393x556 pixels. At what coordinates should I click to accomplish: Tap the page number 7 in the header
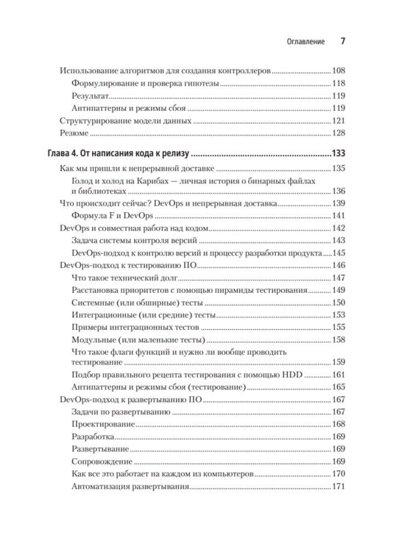[x=342, y=42]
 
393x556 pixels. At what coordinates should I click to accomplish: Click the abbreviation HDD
[x=291, y=375]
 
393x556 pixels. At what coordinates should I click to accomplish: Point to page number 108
[x=339, y=72]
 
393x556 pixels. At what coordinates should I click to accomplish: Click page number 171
[x=339, y=487]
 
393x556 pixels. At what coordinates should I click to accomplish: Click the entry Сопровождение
[x=102, y=462]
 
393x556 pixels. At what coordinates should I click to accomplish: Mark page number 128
[x=339, y=133]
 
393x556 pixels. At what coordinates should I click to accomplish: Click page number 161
[x=339, y=375]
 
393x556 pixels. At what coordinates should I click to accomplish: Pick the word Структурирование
[x=93, y=121]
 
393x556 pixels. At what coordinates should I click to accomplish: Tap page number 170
[x=339, y=474]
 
